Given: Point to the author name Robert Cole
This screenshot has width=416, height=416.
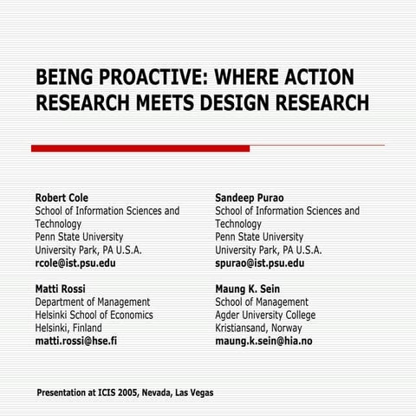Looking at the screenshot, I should point(62,198).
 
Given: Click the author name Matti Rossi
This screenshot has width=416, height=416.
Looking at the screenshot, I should point(60,289).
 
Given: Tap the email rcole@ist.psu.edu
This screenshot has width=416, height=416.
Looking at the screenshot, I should point(75,263).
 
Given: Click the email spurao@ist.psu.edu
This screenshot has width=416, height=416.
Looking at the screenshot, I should point(259,263).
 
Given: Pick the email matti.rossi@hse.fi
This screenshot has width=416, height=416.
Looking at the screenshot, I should point(76,341).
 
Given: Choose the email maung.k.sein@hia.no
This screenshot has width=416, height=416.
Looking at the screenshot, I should point(263,341).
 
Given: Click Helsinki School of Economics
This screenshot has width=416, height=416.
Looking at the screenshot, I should point(94,315).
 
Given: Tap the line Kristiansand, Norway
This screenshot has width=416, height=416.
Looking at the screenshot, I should point(259,328).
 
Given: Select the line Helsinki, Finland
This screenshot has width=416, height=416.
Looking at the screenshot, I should point(68,328).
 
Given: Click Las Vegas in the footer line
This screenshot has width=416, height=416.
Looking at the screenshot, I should point(194,393).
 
